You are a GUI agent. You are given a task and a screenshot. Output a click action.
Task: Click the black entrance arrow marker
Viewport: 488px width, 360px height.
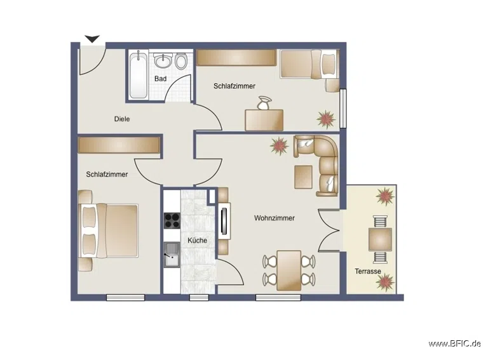[x=92, y=39]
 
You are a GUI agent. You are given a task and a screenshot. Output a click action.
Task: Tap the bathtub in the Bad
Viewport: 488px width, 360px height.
[x=138, y=75]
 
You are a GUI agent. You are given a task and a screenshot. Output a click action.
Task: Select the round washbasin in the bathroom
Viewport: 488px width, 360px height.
[x=163, y=61]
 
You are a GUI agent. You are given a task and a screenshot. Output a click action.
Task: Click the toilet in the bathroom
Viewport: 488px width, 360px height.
[x=181, y=61]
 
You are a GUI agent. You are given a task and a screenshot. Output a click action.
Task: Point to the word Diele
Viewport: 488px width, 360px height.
[x=122, y=119]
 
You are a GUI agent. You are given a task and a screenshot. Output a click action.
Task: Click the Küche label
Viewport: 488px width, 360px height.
[x=198, y=240]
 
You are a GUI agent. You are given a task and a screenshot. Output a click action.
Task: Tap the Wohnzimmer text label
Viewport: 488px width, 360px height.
[x=274, y=218]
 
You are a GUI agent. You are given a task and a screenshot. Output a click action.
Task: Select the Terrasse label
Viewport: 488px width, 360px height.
[x=368, y=271]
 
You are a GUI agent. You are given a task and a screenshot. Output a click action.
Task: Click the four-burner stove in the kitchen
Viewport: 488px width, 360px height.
[x=172, y=220]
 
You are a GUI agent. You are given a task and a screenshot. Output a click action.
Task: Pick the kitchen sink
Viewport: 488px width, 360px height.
[x=172, y=255]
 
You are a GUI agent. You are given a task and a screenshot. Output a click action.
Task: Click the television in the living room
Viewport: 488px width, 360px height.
[x=224, y=221]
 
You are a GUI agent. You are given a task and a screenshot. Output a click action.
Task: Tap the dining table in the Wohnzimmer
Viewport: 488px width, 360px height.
[x=289, y=270]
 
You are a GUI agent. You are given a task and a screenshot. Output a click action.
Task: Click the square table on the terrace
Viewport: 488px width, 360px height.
[x=380, y=239]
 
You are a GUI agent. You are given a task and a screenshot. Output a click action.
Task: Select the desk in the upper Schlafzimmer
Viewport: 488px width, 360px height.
[x=264, y=120]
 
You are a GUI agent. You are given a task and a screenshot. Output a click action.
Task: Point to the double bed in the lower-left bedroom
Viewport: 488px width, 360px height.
[x=108, y=230]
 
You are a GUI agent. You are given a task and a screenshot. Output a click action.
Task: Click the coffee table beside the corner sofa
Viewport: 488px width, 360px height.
[x=303, y=177]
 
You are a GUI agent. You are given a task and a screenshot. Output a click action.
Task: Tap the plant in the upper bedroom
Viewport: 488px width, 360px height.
[x=326, y=119]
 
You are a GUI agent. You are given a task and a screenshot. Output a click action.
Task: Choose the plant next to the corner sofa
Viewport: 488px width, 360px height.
[x=279, y=146]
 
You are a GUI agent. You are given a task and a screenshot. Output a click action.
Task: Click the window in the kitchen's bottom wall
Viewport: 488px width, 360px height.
[x=199, y=298]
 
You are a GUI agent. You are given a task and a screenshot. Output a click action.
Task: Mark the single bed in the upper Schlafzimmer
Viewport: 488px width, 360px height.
[x=309, y=63]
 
